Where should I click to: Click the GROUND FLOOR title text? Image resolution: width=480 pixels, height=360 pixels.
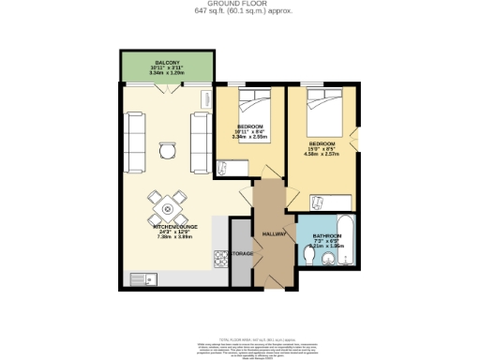[x=239, y=5]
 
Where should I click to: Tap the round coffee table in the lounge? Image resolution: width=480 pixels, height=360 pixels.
[x=165, y=150]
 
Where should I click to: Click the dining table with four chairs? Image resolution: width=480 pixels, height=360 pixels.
[x=166, y=202]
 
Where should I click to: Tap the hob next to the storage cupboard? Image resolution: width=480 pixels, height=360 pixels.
[x=221, y=255]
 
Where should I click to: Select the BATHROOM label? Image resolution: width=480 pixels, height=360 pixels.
[x=326, y=235]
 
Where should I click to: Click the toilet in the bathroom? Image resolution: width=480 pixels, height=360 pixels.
[x=309, y=254]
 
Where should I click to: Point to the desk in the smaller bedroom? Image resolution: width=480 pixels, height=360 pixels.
[x=224, y=167]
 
